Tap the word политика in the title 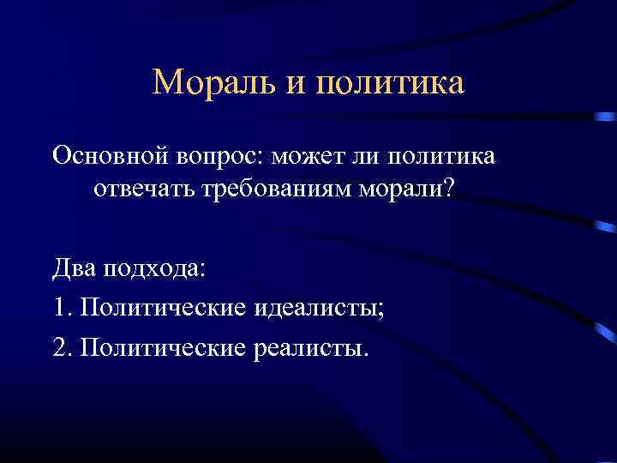point(390,83)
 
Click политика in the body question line point(442,158)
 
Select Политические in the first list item point(162,307)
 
